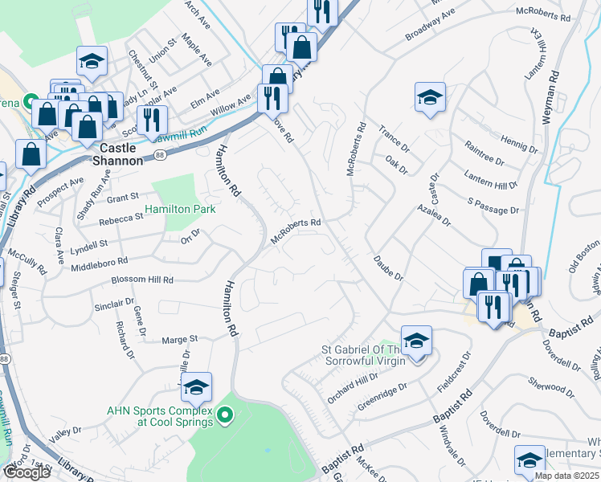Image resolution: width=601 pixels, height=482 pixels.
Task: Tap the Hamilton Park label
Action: click(180, 210)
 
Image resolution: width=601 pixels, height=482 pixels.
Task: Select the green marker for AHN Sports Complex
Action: click(226, 415)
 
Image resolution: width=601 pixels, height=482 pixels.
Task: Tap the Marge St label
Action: click(181, 340)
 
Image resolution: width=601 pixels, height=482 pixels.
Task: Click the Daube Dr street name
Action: click(387, 268)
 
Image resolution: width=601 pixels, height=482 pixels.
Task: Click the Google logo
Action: click(27, 472)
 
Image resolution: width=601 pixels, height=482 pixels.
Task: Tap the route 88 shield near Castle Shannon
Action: click(161, 155)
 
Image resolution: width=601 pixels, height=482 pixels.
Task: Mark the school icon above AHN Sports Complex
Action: click(196, 388)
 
